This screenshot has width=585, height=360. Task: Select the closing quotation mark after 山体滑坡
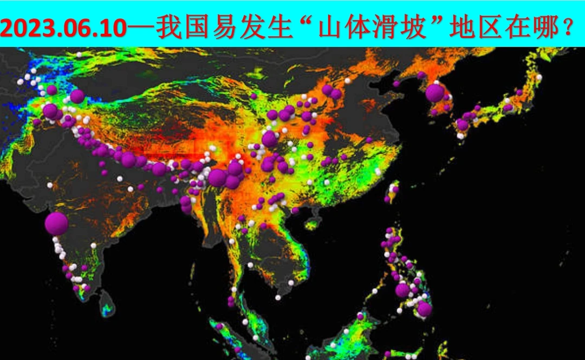[x=438, y=24]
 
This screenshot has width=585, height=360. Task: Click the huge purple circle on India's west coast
[x=56, y=223]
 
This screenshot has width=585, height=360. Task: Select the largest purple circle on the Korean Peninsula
[x=435, y=93]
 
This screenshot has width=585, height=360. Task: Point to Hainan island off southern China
[x=313, y=222]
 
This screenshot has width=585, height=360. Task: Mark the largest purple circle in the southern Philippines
[x=424, y=309]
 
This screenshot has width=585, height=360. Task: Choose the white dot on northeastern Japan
[x=539, y=77]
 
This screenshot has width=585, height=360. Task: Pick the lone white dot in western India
[x=50, y=185]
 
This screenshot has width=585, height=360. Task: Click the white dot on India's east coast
[x=130, y=189]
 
